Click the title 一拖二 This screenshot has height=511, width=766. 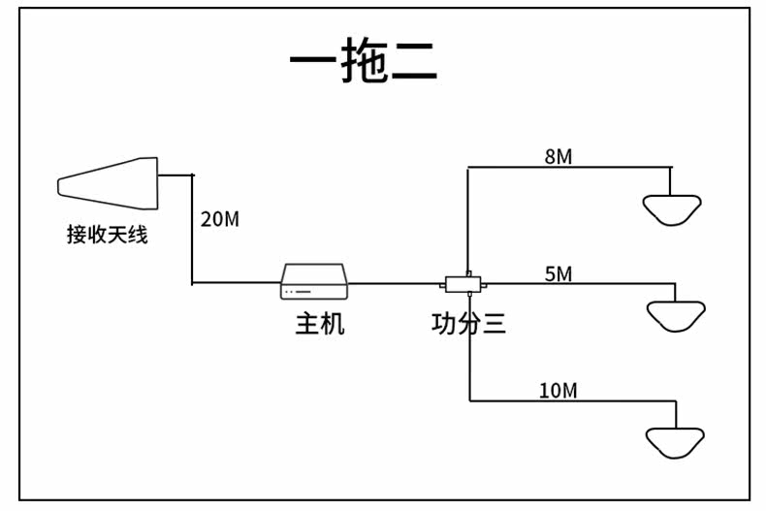tap(363, 59)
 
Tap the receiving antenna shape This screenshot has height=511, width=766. tap(108, 183)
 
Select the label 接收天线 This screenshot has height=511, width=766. tap(107, 235)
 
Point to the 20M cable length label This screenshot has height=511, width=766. tap(220, 219)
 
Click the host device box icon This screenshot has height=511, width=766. tap(314, 281)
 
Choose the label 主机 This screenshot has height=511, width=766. tap(320, 324)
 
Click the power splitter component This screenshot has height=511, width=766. tap(463, 284)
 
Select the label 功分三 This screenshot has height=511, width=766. tap(468, 324)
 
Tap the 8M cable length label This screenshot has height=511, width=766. tap(559, 157)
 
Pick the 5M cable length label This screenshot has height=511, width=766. tap(559, 274)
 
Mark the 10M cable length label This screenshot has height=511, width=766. tap(559, 391)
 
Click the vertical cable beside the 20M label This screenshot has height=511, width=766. tap(193, 229)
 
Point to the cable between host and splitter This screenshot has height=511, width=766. tap(394, 283)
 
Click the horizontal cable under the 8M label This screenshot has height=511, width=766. tap(569, 168)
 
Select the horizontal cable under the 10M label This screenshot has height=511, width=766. tap(573, 401)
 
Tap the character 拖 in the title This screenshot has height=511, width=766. tap(364, 59)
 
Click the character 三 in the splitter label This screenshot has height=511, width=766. tap(494, 324)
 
